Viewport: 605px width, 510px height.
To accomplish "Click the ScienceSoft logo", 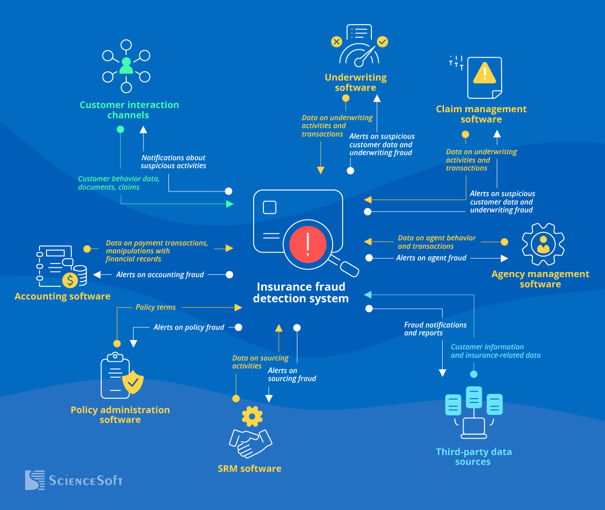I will click(x=74, y=480).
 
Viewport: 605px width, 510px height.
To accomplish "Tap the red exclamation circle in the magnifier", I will click(x=308, y=244).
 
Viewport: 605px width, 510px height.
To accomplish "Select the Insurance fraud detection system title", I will click(x=301, y=292).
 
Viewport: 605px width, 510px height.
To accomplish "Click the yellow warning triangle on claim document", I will click(x=484, y=73).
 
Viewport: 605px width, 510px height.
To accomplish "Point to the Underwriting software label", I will click(x=356, y=82).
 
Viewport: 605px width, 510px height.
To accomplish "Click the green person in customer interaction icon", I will click(x=126, y=66).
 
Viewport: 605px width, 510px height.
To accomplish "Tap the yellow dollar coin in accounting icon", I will click(x=70, y=280).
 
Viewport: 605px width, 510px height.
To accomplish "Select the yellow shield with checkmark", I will click(x=133, y=382).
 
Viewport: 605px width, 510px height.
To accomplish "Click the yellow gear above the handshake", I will click(x=252, y=416).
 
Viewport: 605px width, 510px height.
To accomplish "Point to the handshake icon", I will click(x=250, y=443).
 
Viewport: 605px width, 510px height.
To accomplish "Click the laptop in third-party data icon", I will click(x=474, y=428).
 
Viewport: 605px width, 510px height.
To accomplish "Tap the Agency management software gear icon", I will click(x=543, y=244).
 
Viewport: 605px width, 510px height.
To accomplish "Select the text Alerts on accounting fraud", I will click(x=160, y=275).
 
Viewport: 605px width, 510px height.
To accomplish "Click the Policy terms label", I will click(x=155, y=307).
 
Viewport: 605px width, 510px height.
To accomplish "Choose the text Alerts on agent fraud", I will click(x=431, y=258).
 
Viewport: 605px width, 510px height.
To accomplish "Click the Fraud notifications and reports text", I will click(x=435, y=329).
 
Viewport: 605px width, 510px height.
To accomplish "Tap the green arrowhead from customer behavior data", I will click(x=229, y=204).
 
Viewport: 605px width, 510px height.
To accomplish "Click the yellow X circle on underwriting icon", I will click(x=336, y=42).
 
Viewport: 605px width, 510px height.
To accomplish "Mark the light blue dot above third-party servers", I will click(x=474, y=374).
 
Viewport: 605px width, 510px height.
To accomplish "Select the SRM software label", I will click(x=249, y=469).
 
